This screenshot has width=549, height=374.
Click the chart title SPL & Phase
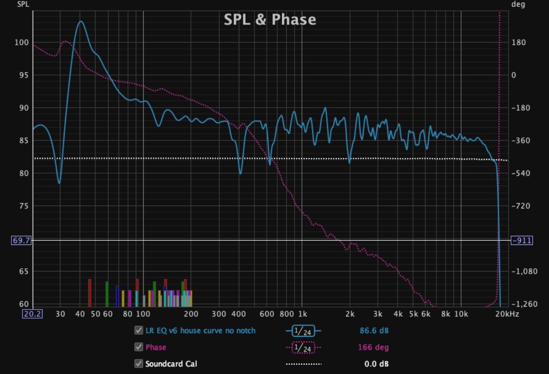coord(269,20)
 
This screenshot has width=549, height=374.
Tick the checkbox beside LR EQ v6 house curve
coord(138,331)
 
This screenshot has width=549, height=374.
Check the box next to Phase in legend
coord(138,347)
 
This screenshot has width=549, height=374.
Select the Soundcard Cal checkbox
coord(138,364)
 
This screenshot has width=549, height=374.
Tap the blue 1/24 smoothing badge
coord(303,331)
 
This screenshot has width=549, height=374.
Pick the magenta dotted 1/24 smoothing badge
coord(303,348)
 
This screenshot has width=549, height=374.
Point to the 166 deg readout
coord(373,347)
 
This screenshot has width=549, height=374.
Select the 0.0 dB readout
coord(376,364)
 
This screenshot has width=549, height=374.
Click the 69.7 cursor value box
coord(22,240)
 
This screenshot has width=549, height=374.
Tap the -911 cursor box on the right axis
coord(521,240)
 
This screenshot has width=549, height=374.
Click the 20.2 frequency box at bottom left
coord(32,314)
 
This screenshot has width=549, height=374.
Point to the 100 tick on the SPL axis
coord(23,43)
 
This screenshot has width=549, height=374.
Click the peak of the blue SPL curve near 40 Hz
coord(81,22)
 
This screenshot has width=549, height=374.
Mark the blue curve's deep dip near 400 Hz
coord(240,173)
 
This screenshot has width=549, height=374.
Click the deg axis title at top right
coord(518,5)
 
